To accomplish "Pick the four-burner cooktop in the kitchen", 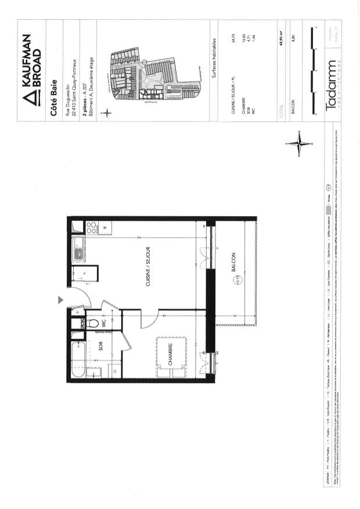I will tap(92, 228).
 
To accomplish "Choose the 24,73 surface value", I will tap(233, 40).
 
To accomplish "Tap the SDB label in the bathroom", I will tap(100, 348).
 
